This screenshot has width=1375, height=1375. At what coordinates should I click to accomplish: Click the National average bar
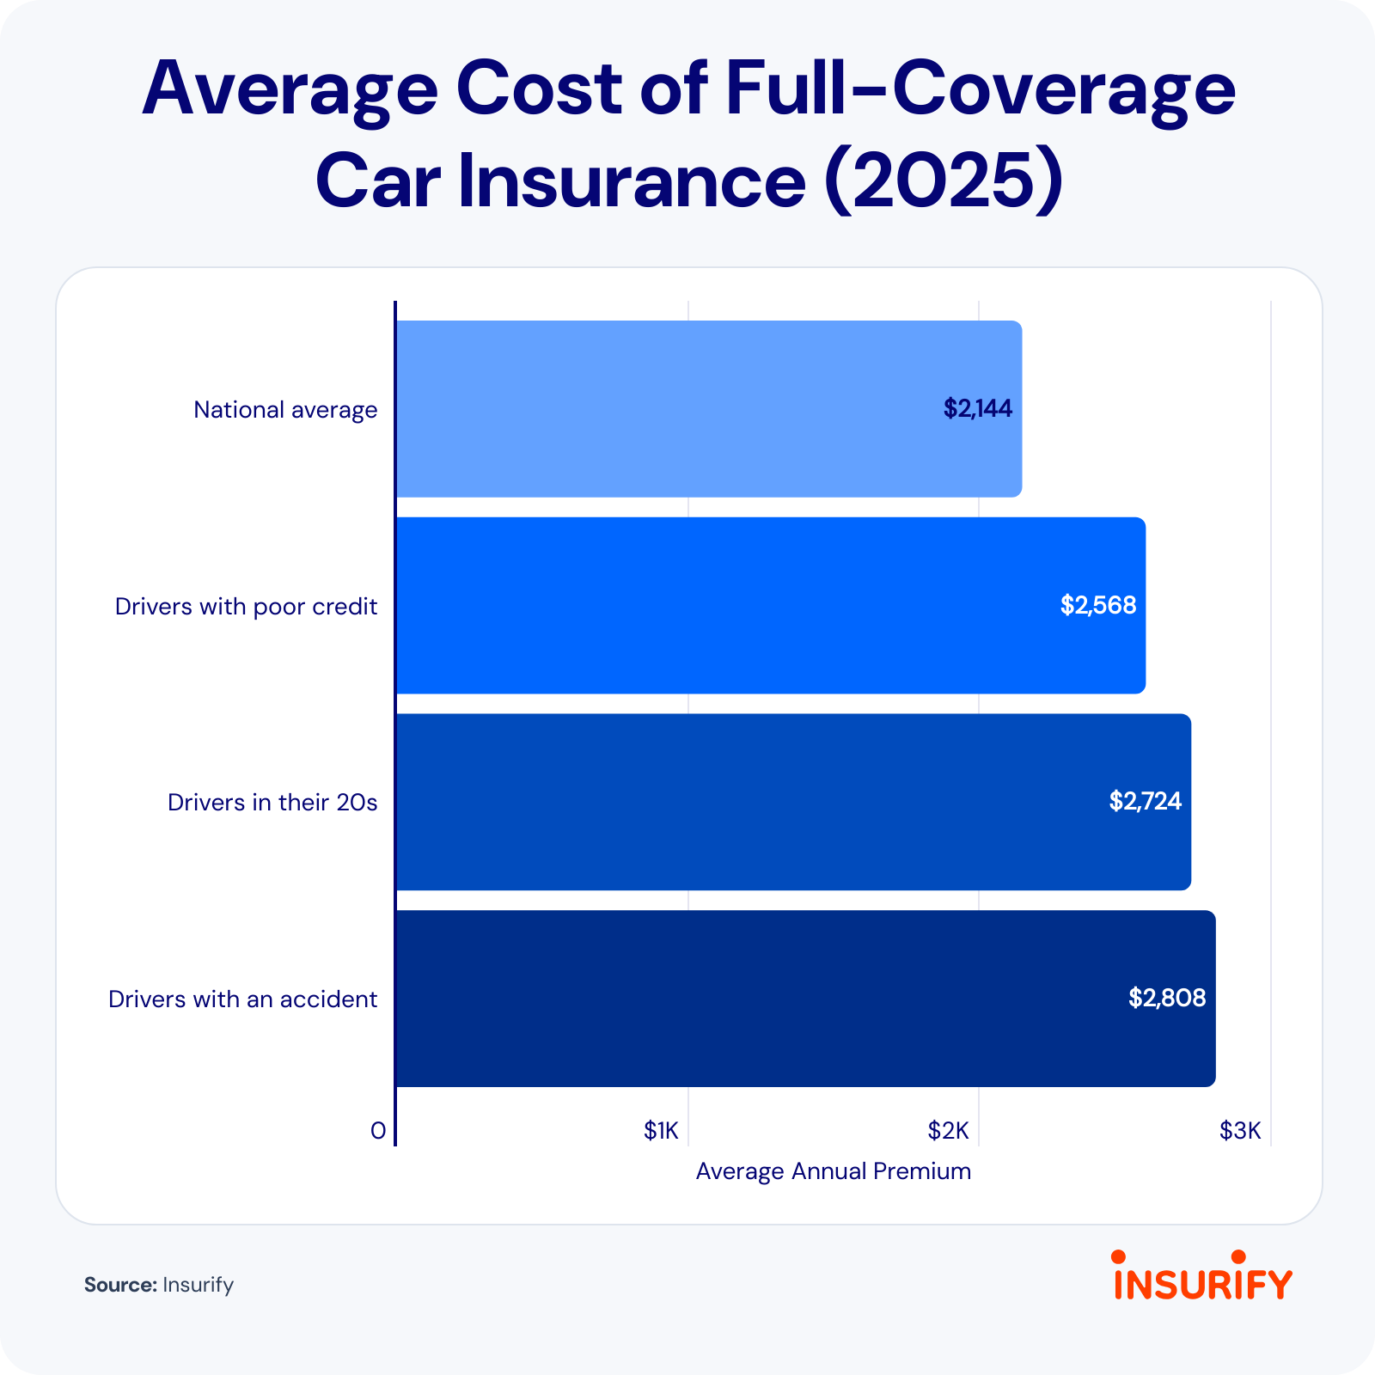click(x=709, y=409)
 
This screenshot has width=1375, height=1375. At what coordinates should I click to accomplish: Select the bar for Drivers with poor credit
click(x=770, y=605)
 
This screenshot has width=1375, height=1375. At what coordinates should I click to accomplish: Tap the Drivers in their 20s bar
click(x=792, y=802)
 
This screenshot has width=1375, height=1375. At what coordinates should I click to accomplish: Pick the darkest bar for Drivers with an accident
click(x=805, y=999)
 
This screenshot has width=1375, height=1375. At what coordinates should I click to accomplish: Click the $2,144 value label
click(x=978, y=408)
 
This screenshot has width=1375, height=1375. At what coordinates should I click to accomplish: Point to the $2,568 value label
click(x=1097, y=605)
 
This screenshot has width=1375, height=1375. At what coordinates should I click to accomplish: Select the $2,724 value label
click(x=1145, y=801)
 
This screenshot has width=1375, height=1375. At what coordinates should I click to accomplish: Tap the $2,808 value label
click(x=1167, y=998)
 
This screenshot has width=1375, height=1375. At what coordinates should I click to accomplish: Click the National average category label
click(x=285, y=410)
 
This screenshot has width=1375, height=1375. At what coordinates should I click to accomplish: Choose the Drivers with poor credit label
click(x=246, y=607)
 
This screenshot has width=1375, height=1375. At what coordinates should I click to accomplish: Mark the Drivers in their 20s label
click(x=272, y=803)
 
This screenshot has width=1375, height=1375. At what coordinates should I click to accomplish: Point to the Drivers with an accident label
click(x=242, y=999)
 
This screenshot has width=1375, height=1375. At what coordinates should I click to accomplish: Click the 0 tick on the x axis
click(x=378, y=1131)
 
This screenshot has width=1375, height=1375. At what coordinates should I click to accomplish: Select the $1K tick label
click(x=661, y=1131)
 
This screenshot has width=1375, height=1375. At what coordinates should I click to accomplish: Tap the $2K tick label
click(x=948, y=1131)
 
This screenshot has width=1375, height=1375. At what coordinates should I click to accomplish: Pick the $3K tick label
click(x=1240, y=1131)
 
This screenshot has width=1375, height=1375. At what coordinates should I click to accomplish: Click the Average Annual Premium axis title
click(x=833, y=1171)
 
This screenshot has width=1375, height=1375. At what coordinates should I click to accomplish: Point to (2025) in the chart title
click(x=943, y=181)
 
